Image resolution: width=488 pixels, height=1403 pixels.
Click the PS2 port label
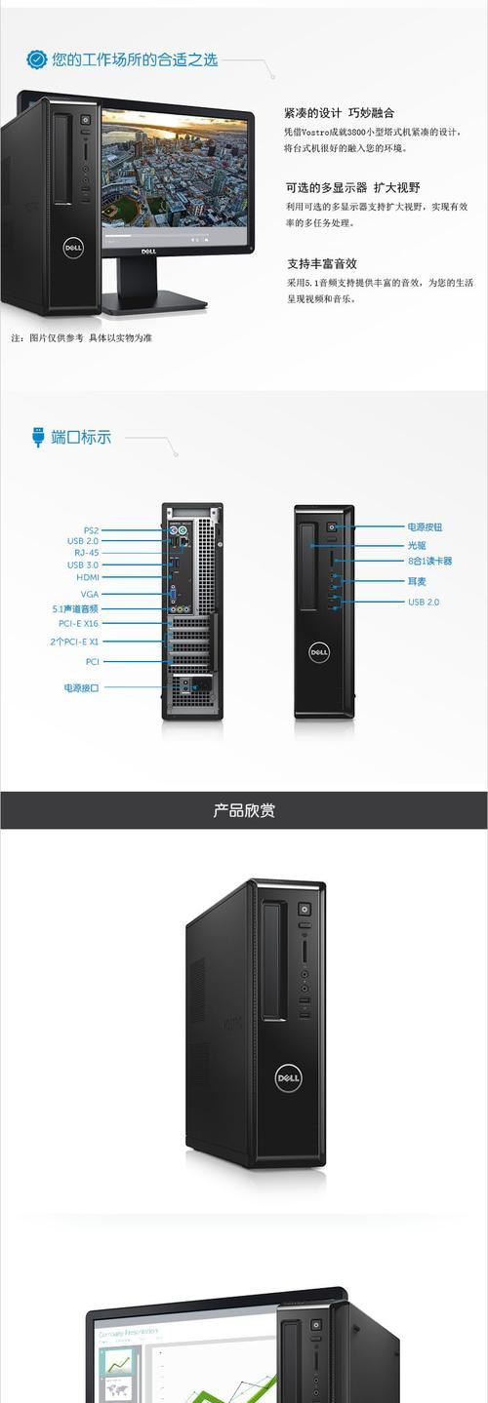pyautogui.click(x=91, y=529)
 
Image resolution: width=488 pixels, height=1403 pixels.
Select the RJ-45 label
pyautogui.click(x=87, y=553)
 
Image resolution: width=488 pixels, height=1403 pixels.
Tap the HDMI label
pyautogui.click(x=88, y=577)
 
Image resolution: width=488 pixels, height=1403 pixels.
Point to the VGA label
pyautogui.click(x=90, y=594)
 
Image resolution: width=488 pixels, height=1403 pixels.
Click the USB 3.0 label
pyautogui.click(x=83, y=565)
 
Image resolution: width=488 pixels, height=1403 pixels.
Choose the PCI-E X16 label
pyautogui.click(x=78, y=623)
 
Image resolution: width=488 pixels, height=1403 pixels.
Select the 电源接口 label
pyautogui.click(x=81, y=687)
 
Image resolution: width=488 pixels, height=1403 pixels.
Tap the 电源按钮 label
pyautogui.click(x=425, y=527)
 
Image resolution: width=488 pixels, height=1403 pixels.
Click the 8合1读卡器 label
pyautogui.click(x=429, y=561)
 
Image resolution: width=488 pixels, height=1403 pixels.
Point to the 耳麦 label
pyautogui.click(x=417, y=581)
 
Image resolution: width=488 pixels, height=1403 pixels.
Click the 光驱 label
pyautogui.click(x=417, y=545)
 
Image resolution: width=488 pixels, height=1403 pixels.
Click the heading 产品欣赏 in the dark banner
pyautogui.click(x=244, y=810)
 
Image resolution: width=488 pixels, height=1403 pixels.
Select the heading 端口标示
pyautogui.click(x=81, y=437)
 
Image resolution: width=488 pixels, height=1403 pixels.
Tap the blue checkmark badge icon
pyautogui.click(x=36, y=59)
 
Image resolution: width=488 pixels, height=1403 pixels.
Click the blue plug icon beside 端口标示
pyautogui.click(x=38, y=437)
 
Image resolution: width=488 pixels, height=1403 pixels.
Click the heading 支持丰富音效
pyautogui.click(x=322, y=263)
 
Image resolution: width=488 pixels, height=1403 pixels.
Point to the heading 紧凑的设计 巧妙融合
pyautogui.click(x=340, y=113)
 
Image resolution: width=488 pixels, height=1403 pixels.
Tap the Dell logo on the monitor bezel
pyautogui.click(x=148, y=252)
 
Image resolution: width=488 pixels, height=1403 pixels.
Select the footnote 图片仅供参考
pyautogui.click(x=57, y=337)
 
